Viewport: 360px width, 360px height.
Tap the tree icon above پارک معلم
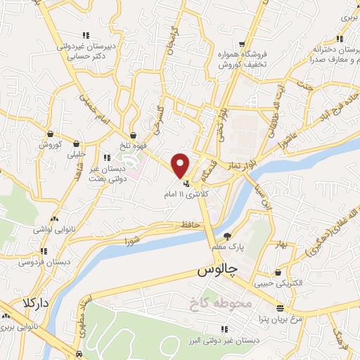pos(226,236)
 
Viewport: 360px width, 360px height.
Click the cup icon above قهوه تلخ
pos(132,136)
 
